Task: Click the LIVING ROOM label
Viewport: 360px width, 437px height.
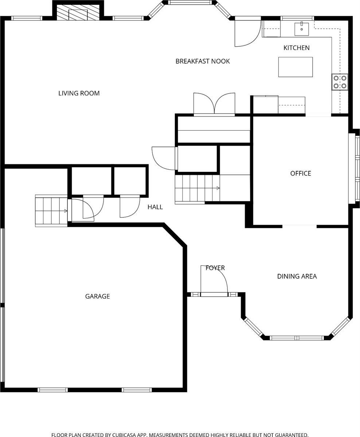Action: tap(79, 93)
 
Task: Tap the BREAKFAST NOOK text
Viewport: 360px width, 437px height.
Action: tap(203, 61)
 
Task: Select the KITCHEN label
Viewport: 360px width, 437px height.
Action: tap(296, 48)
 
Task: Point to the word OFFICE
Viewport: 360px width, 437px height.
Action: tap(301, 173)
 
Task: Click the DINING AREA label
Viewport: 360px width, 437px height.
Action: tap(297, 276)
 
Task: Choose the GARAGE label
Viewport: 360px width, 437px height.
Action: tap(97, 296)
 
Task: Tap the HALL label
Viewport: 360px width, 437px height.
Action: tap(155, 207)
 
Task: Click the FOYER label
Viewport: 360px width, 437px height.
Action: tap(215, 268)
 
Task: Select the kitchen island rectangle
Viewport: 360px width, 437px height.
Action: tap(295, 67)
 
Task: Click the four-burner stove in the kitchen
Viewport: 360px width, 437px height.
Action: tap(339, 82)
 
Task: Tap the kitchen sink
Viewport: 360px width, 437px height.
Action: tap(301, 29)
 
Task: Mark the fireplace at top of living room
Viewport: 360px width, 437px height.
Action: tap(78, 13)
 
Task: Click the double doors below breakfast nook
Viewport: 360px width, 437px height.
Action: tap(214, 104)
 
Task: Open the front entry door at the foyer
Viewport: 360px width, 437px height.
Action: tap(214, 294)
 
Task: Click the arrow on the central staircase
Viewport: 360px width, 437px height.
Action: tap(218, 188)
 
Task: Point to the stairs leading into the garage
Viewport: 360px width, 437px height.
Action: tap(51, 211)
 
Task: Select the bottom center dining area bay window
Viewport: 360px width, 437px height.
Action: tap(297, 338)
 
